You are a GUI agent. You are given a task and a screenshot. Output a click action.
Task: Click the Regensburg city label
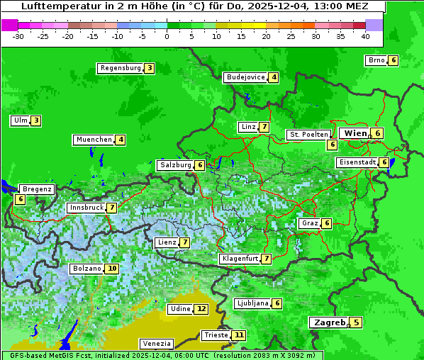point(121,68)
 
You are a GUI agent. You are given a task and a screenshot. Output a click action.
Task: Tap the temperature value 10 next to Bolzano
point(112,269)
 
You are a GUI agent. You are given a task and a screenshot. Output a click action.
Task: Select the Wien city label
point(355,133)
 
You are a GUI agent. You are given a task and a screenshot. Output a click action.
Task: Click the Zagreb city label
point(328,322)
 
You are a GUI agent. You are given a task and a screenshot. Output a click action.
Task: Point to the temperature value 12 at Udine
point(201,309)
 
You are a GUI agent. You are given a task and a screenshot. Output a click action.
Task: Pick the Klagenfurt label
point(240,259)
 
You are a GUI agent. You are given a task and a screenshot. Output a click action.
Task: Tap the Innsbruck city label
point(86,208)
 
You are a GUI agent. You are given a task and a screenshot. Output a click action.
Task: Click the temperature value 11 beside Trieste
point(240,335)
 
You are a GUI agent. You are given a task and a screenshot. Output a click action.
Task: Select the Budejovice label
point(245,77)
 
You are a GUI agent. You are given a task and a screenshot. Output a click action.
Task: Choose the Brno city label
point(376,60)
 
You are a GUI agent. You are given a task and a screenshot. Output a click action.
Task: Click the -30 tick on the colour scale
point(18,35)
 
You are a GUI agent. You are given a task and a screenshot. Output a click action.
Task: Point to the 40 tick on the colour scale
point(365,35)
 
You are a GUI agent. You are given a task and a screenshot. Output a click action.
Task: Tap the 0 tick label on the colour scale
point(167,35)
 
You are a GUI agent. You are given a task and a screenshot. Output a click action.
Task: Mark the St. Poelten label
point(308,134)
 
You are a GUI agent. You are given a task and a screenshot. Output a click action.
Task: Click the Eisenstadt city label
point(357,162)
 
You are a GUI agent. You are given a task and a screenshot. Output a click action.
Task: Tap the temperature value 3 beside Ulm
point(35,120)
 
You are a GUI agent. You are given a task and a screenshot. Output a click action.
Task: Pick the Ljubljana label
point(252,303)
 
